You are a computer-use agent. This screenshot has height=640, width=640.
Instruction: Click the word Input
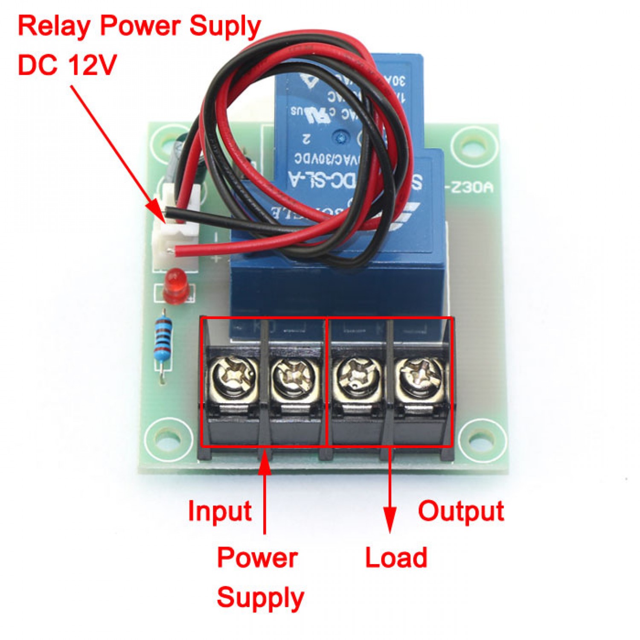coord(220,511)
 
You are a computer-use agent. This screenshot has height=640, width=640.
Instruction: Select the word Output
coord(461,511)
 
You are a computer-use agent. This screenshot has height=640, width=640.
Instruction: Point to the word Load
coord(396,557)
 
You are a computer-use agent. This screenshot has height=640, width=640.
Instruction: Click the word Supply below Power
coord(260,597)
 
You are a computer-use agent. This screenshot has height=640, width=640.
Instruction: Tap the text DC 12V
coord(67,65)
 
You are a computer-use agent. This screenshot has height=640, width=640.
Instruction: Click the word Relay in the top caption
coord(54,26)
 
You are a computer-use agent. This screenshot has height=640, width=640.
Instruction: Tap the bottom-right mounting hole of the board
coord(483,439)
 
